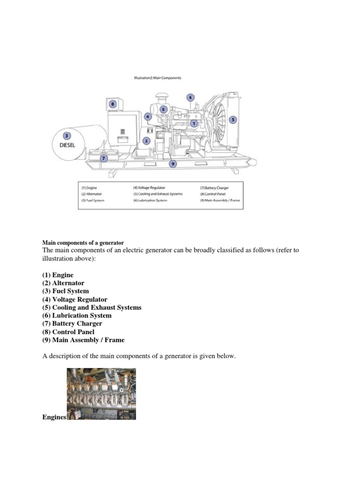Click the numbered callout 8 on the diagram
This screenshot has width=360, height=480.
(x=112, y=104)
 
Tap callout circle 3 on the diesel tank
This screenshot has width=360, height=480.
(x=67, y=136)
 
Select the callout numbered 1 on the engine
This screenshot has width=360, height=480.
(x=194, y=123)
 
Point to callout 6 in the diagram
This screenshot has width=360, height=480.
(x=190, y=97)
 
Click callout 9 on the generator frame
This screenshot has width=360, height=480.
(x=173, y=164)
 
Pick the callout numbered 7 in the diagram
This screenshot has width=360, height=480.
(x=104, y=158)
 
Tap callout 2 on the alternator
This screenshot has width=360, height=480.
(x=147, y=140)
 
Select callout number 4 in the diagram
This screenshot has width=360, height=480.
(x=148, y=116)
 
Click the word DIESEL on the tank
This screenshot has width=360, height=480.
(x=67, y=145)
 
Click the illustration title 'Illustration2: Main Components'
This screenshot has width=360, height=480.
(x=157, y=78)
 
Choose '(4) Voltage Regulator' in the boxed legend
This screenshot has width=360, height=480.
(x=149, y=187)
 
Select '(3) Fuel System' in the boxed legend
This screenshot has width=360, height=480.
(x=92, y=200)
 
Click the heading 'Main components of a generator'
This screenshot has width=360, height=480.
(x=83, y=243)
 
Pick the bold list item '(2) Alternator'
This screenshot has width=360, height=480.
(x=63, y=283)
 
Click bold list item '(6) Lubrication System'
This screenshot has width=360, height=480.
(x=77, y=315)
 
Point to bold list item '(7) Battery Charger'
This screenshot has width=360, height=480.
(x=72, y=323)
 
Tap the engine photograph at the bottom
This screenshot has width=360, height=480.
(x=101, y=394)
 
